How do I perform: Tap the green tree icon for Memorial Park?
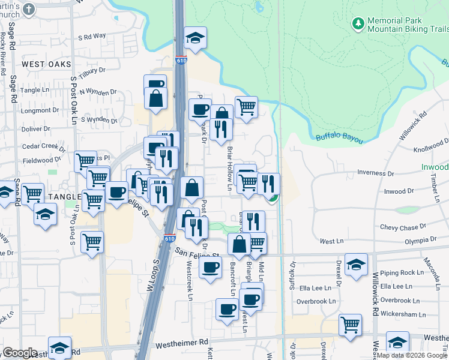tap(358, 23)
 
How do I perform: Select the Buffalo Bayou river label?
tap(340, 139)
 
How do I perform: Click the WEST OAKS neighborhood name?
tap(46, 64)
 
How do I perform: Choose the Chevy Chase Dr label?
tap(403, 227)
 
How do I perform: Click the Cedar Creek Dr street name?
tap(43, 146)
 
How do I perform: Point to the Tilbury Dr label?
tap(92, 70)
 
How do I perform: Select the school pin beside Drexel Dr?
tap(356, 265)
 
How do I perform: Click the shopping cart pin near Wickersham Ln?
tap(350, 325)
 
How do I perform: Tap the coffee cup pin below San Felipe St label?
tap(211, 267)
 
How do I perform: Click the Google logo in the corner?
tap(20, 353)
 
